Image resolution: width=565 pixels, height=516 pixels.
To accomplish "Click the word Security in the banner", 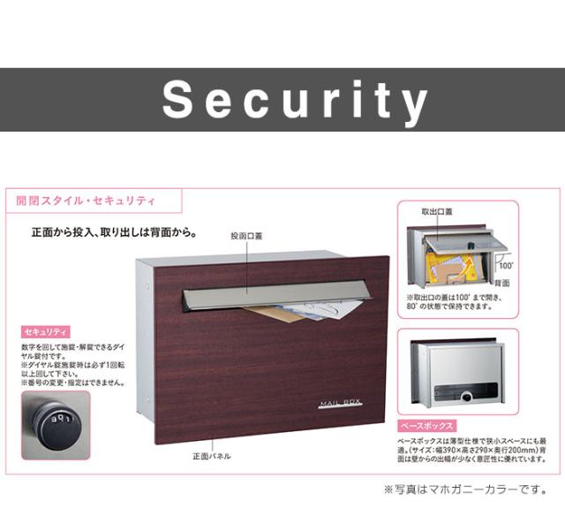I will [295, 100].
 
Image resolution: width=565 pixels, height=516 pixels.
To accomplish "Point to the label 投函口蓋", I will [247, 236].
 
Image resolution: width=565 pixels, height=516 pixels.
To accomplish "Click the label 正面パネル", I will [212, 456].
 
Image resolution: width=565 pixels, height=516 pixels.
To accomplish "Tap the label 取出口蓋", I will [436, 212].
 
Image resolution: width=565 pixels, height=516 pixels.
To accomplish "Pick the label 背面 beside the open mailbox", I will [501, 283].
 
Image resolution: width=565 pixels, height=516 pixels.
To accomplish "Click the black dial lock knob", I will [54, 422].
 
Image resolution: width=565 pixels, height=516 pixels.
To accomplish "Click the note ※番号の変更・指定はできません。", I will [73, 383].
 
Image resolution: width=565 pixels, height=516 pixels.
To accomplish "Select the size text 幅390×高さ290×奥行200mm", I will [472, 449].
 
